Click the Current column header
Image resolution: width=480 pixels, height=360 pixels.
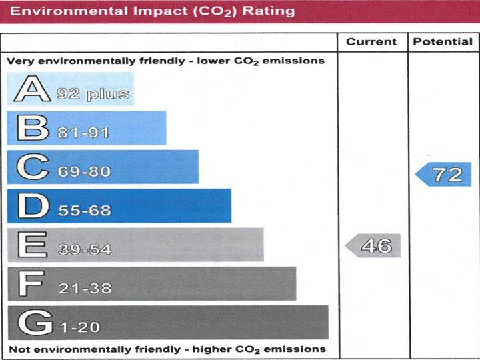point(371,42)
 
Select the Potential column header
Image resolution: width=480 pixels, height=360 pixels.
point(443,42)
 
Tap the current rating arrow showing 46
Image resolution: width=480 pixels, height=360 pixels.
point(373,246)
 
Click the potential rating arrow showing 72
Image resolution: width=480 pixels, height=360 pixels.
point(444,175)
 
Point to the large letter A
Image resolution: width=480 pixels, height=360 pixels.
point(30,89)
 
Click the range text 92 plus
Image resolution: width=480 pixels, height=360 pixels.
point(93,94)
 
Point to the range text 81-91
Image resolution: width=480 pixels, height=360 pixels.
point(83,133)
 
